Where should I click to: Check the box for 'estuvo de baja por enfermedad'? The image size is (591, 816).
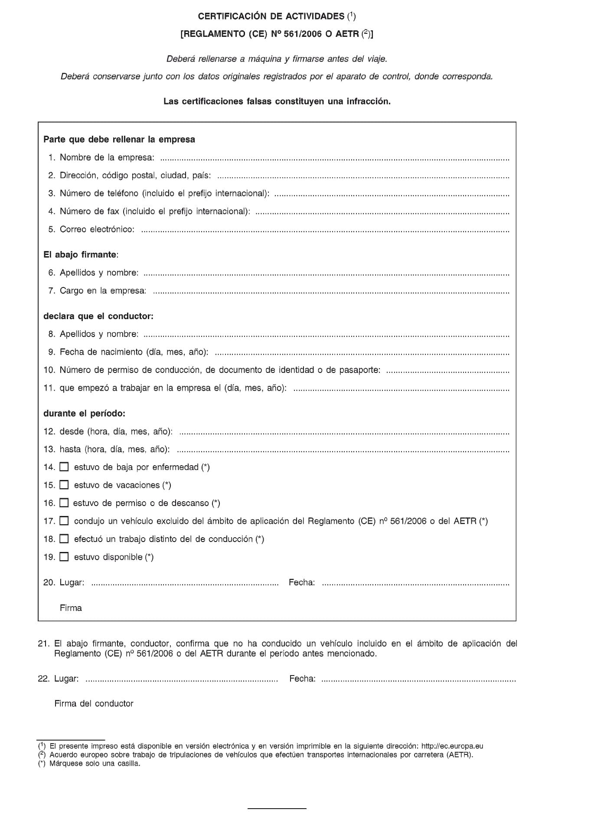[x=64, y=467]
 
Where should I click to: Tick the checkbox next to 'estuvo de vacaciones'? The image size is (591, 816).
[x=64, y=485]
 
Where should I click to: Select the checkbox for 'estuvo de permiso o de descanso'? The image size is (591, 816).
[x=64, y=503]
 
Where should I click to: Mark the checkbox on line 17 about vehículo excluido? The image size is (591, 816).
[x=64, y=521]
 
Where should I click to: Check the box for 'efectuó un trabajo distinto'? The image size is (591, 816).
[x=64, y=539]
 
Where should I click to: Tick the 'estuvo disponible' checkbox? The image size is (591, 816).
[x=64, y=557]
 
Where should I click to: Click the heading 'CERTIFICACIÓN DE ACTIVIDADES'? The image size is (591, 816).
[x=271, y=16]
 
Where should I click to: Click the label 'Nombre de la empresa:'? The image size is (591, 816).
[x=107, y=157]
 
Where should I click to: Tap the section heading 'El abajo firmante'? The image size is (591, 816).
[x=80, y=255]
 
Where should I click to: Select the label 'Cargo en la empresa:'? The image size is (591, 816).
[x=103, y=290]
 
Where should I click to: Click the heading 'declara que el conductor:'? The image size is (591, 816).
[x=98, y=316]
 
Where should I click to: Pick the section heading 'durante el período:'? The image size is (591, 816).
[x=84, y=413]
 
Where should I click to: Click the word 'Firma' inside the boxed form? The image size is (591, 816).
[x=71, y=608]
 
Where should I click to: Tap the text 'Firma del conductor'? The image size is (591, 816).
[x=94, y=703]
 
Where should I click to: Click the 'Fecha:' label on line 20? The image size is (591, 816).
[x=302, y=582]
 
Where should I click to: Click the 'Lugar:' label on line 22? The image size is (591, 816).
[x=66, y=679]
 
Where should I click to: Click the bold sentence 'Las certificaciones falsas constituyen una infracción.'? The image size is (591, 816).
[x=277, y=101]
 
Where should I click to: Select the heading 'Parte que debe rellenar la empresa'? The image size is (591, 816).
[x=119, y=140]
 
